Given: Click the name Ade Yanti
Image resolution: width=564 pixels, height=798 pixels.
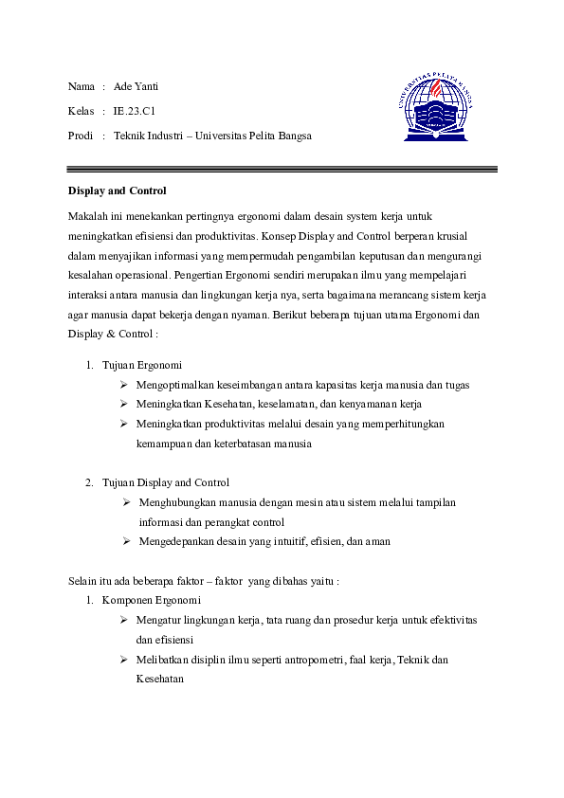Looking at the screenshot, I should coord(136,86).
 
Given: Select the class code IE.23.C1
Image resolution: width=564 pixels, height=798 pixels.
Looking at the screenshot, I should coord(134,111).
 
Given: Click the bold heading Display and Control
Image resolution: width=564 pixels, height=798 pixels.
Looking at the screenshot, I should coord(117,190).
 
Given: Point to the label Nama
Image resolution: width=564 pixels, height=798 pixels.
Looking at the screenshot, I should coord(82,86).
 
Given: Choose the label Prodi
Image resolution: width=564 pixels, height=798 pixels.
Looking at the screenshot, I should coord(82,136).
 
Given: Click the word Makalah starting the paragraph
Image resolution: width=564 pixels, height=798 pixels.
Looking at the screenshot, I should coord(87,218).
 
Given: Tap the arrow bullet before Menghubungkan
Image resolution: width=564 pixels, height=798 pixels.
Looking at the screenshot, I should coord(126,502).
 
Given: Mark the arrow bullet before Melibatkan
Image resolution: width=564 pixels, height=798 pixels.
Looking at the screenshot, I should coord(124,660).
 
